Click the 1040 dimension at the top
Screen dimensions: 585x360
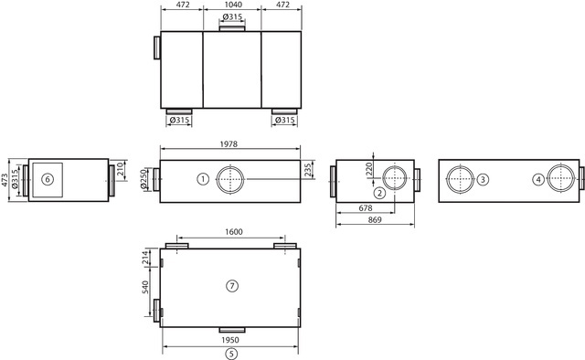[x=234, y=5]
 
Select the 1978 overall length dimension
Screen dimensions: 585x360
[x=229, y=144]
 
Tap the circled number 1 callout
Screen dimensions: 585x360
[x=203, y=179]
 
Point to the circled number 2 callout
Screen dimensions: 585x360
[x=380, y=193]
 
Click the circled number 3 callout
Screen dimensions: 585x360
[x=483, y=179]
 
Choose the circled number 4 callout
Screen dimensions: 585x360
[x=538, y=179]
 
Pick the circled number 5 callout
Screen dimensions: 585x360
[x=231, y=354]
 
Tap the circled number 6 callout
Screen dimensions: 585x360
[x=48, y=179]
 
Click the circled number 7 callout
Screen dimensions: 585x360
[x=232, y=286]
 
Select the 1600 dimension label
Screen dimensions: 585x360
[x=234, y=232]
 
